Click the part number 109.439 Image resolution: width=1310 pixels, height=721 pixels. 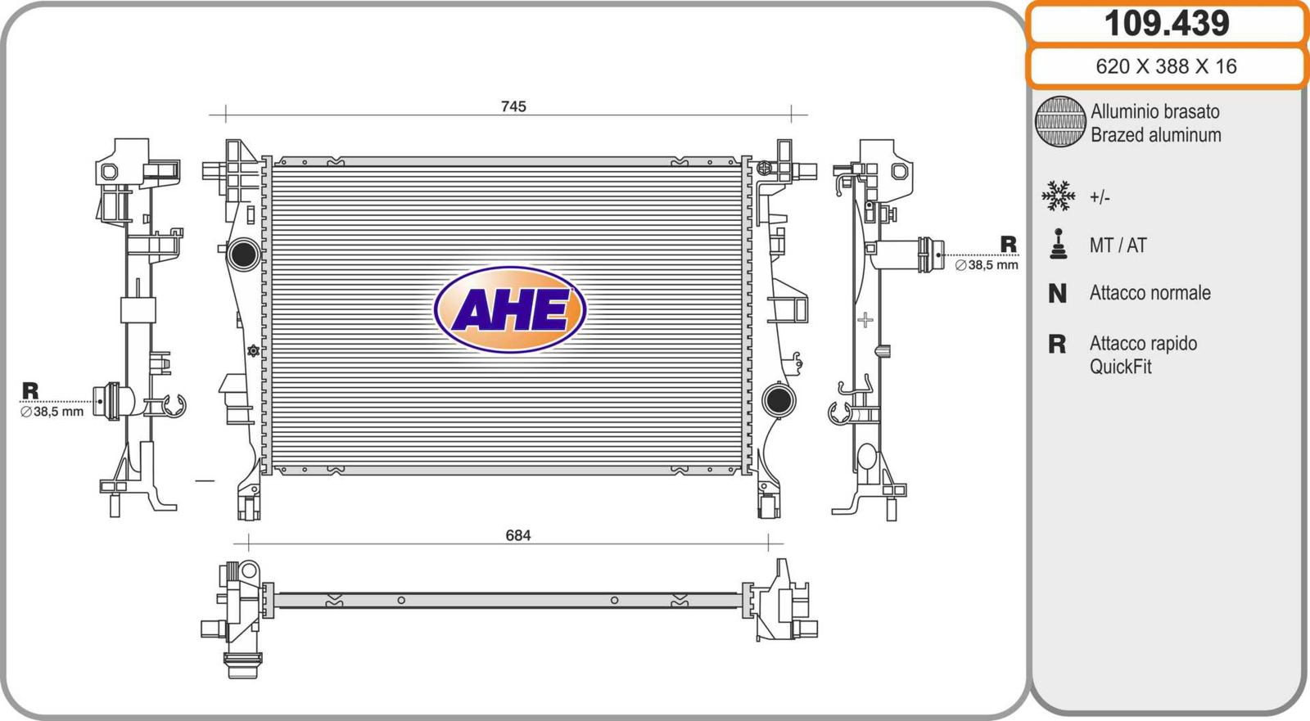[x=1166, y=24]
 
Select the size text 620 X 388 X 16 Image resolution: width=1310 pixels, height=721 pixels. [x=1166, y=66]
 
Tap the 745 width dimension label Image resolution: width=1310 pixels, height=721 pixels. [x=513, y=106]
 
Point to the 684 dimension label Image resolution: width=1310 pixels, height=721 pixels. [x=518, y=535]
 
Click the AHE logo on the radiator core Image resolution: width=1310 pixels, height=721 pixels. [x=510, y=310]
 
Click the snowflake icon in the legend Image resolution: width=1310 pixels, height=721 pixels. [x=1059, y=196]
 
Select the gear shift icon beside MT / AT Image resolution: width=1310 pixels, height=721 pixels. [x=1059, y=244]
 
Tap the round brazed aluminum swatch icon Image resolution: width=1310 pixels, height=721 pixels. [x=1060, y=122]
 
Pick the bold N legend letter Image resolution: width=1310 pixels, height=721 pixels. [x=1057, y=294]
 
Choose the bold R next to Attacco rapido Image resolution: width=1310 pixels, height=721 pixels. [x=1057, y=345]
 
